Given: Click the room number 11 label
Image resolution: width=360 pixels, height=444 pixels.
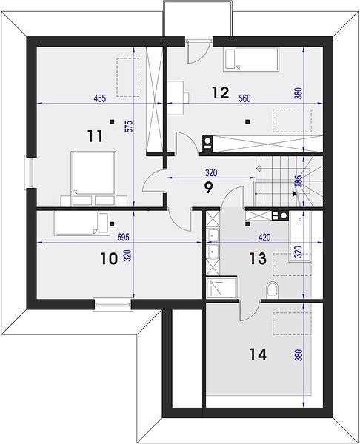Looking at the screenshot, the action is click(95, 136).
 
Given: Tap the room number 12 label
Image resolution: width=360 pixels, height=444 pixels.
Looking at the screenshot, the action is click(220, 92).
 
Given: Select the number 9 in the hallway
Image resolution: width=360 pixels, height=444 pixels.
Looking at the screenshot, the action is click(208, 188).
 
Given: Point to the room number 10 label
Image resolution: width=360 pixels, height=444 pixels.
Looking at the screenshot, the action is click(109, 259).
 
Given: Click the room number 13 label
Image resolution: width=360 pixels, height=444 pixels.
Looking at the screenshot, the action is click(258, 258).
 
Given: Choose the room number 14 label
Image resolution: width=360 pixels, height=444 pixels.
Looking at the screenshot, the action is click(258, 354).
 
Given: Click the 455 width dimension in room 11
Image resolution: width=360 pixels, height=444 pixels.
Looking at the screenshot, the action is click(100, 98).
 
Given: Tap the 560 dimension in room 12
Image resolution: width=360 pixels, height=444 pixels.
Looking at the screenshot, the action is click(244, 98).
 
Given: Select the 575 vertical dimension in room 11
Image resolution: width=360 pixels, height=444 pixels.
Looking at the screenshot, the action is click(129, 127).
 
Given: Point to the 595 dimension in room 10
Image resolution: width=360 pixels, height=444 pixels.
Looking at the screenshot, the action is click(123, 237).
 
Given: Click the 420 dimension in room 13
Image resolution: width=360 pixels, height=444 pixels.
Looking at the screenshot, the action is click(264, 238).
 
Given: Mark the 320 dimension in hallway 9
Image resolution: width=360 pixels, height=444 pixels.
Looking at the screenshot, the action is click(211, 172).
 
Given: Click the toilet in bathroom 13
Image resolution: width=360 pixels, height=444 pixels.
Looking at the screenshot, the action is click(273, 289).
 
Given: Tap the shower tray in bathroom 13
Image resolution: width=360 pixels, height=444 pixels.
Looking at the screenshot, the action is click(221, 288).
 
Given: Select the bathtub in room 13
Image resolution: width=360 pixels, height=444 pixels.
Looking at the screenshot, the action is click(299, 237).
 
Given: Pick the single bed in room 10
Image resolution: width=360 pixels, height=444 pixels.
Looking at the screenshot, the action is click(81, 223).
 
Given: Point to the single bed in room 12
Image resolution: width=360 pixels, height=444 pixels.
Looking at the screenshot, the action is click(251, 59).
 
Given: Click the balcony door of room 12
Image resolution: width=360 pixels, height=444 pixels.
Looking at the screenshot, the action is click(199, 51).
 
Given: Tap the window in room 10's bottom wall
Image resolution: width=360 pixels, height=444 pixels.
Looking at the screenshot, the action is click(113, 305).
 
